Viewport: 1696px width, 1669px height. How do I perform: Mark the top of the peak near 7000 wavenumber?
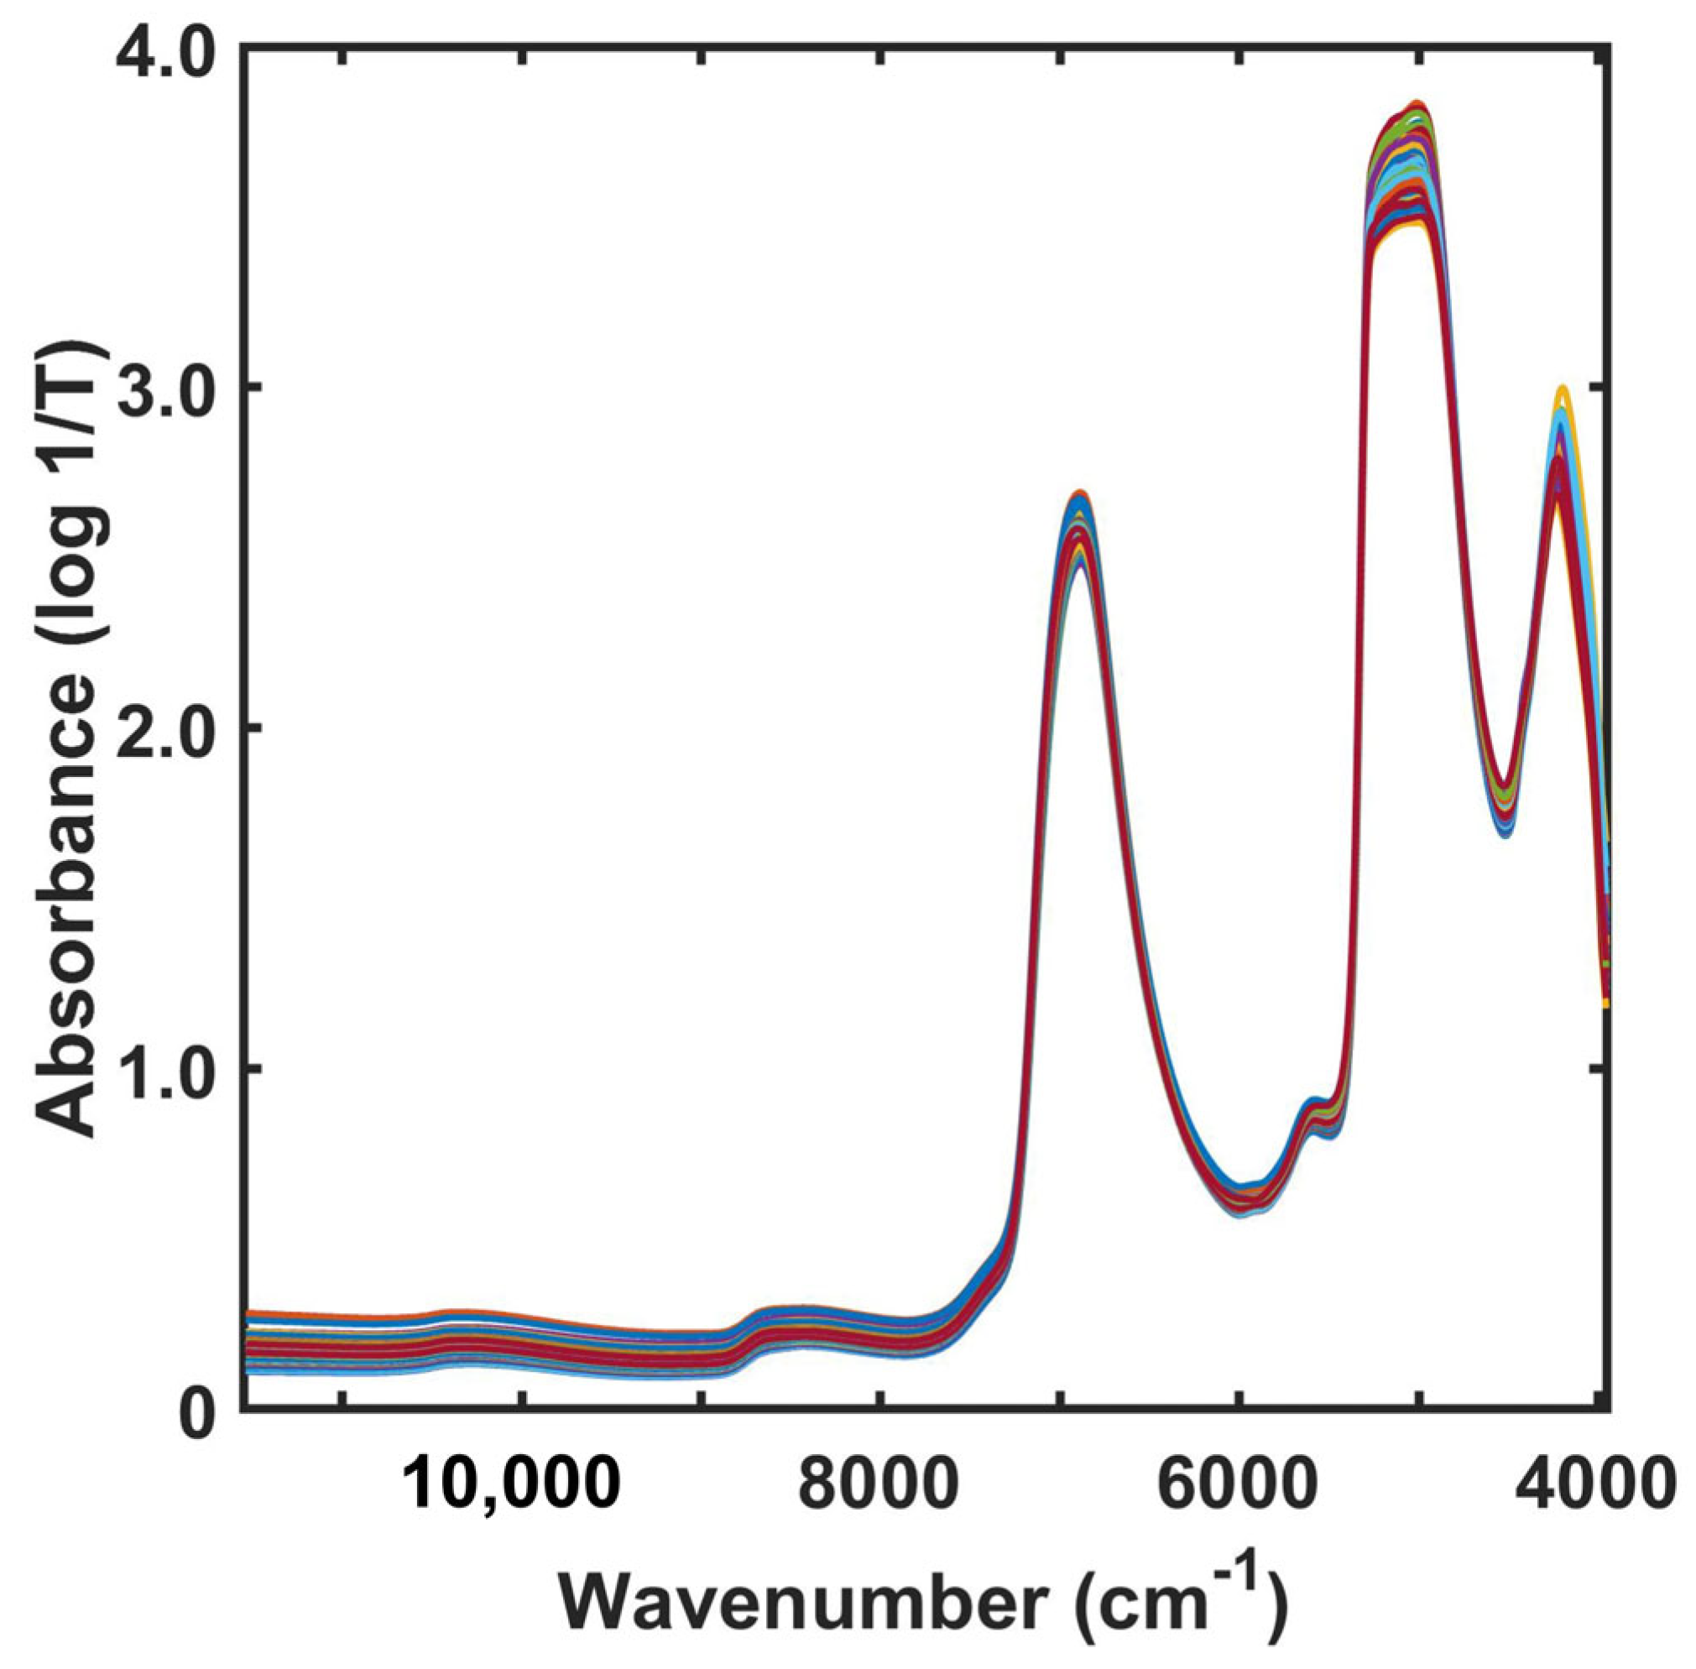[x=1079, y=493]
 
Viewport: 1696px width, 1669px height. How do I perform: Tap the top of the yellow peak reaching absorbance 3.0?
[x=1561, y=389]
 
